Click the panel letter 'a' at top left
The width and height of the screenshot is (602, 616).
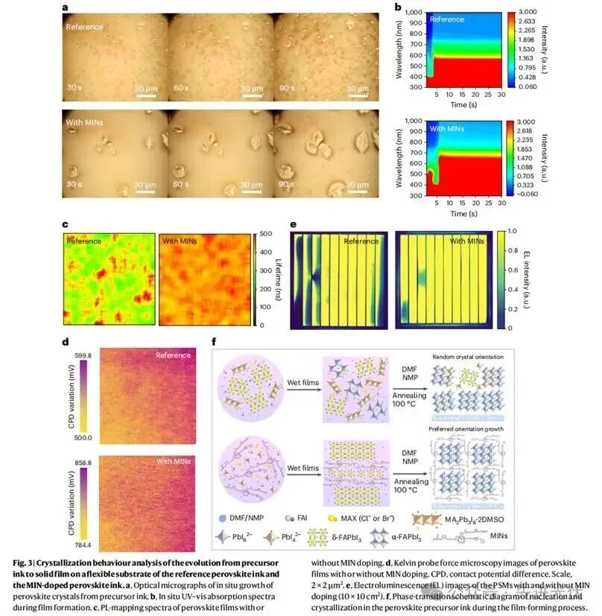[x=66, y=7]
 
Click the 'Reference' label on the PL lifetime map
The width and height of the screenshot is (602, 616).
[x=83, y=241]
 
